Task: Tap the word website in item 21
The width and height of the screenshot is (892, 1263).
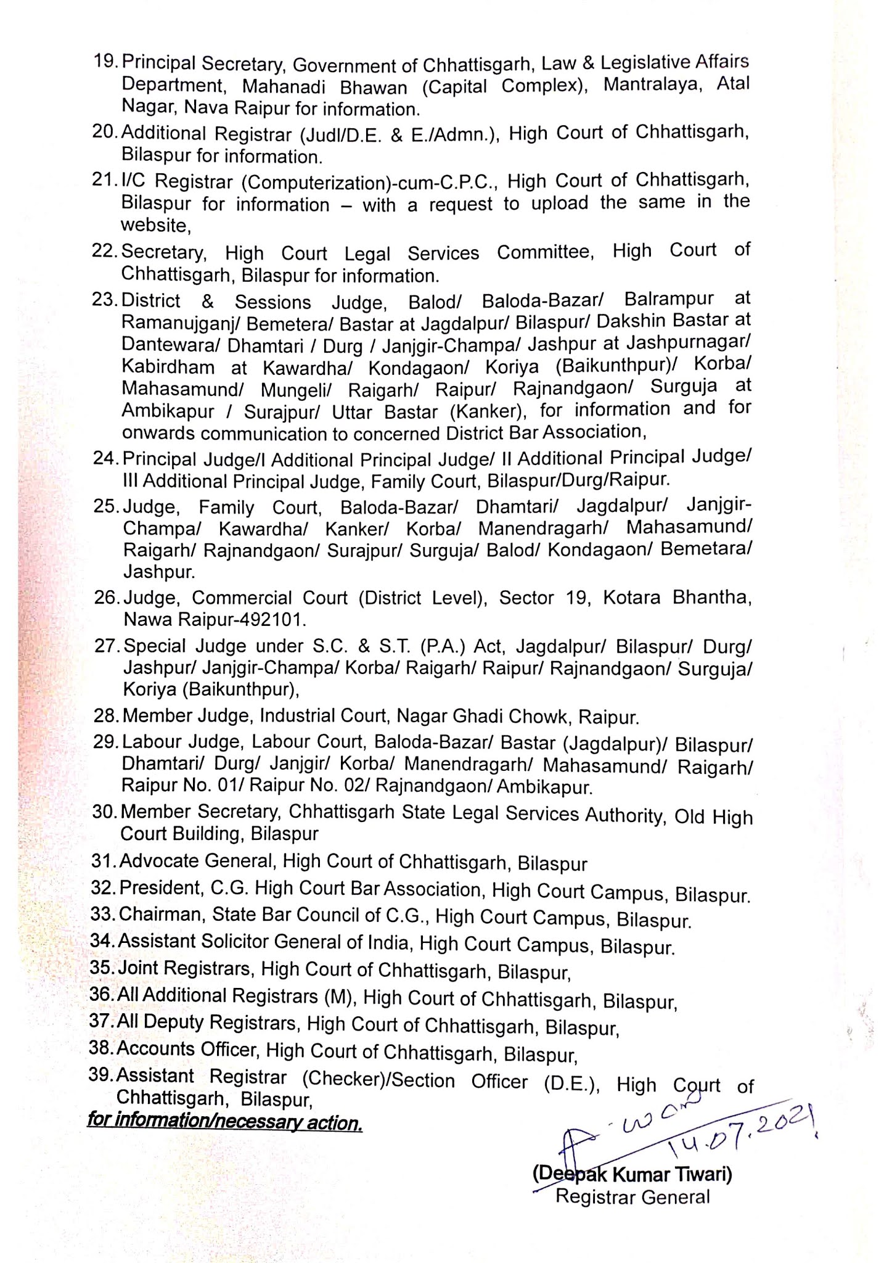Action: coord(155,226)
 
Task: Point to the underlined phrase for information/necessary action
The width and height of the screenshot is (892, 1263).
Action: coord(224,1121)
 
